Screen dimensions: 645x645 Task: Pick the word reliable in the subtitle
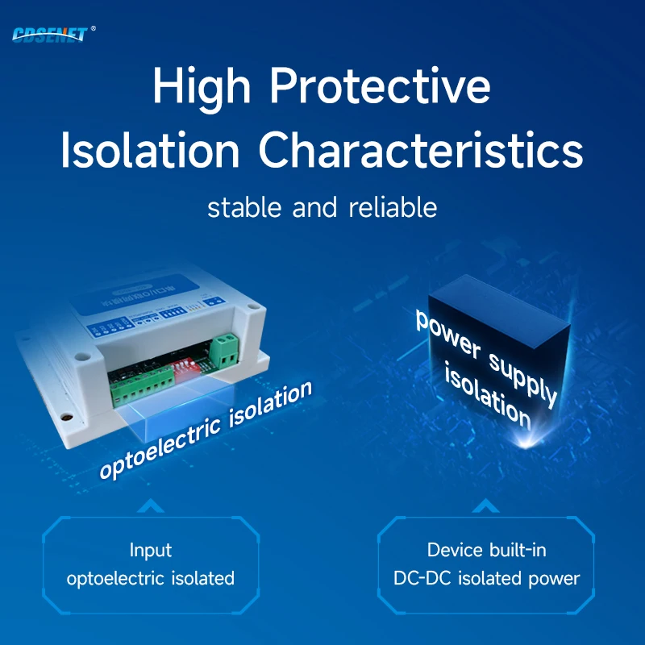coord(393,207)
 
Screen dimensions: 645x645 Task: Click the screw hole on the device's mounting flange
coord(68,419)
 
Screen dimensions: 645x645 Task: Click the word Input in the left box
coord(151,551)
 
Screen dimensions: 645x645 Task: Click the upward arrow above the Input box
coord(151,507)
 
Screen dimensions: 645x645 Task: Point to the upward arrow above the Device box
coord(485,507)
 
